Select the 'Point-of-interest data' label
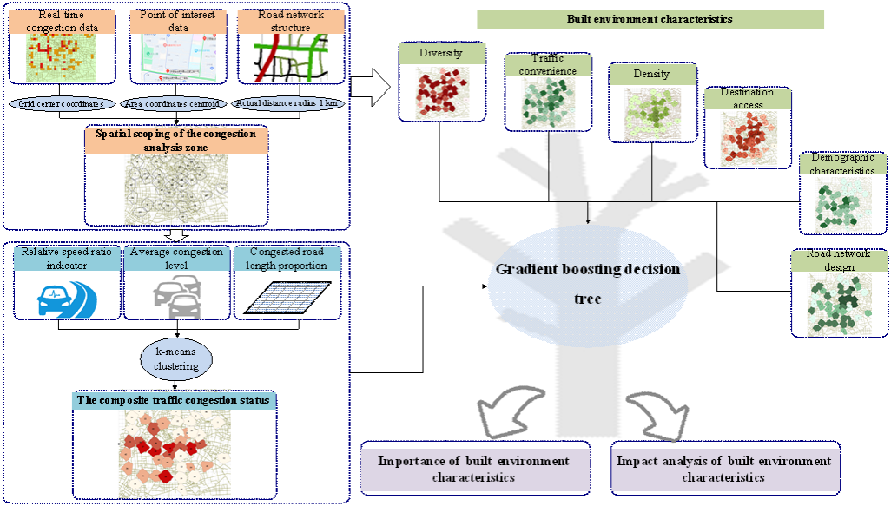(x=176, y=22)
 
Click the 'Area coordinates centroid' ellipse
(x=175, y=103)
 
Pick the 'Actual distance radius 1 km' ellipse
(x=289, y=103)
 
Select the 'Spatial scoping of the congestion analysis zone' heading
(x=176, y=141)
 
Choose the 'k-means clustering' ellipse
(x=177, y=359)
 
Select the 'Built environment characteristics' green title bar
(x=650, y=19)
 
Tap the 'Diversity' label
(x=441, y=54)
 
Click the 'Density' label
(x=651, y=74)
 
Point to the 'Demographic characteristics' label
(x=842, y=164)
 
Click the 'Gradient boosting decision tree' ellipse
(x=588, y=284)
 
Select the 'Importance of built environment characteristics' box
(x=474, y=469)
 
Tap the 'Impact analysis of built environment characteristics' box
(x=723, y=469)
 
